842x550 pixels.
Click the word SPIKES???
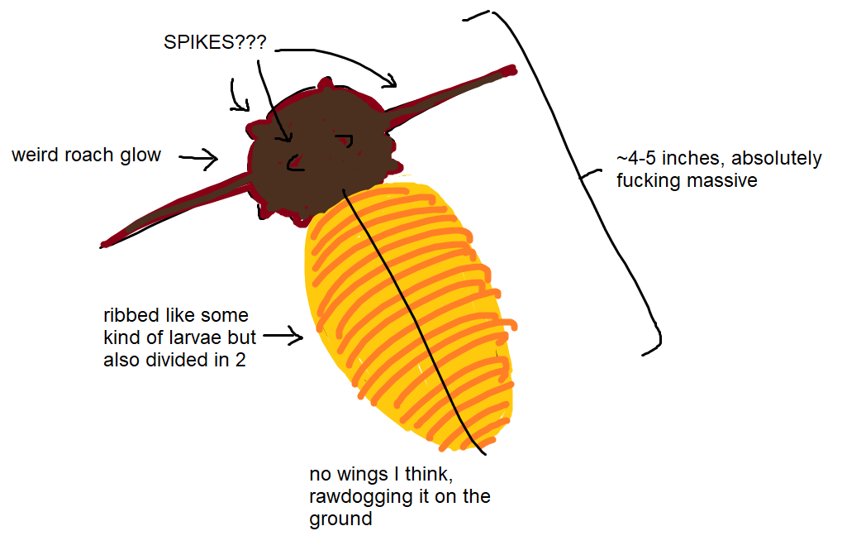[x=215, y=42]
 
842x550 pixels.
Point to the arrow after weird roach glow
[x=198, y=158]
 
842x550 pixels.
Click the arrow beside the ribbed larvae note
[x=283, y=336]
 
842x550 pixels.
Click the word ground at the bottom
[x=340, y=519]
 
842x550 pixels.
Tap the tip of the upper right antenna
[x=514, y=70]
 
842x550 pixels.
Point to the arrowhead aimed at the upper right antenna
[x=392, y=82]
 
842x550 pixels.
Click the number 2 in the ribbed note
[x=240, y=360]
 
